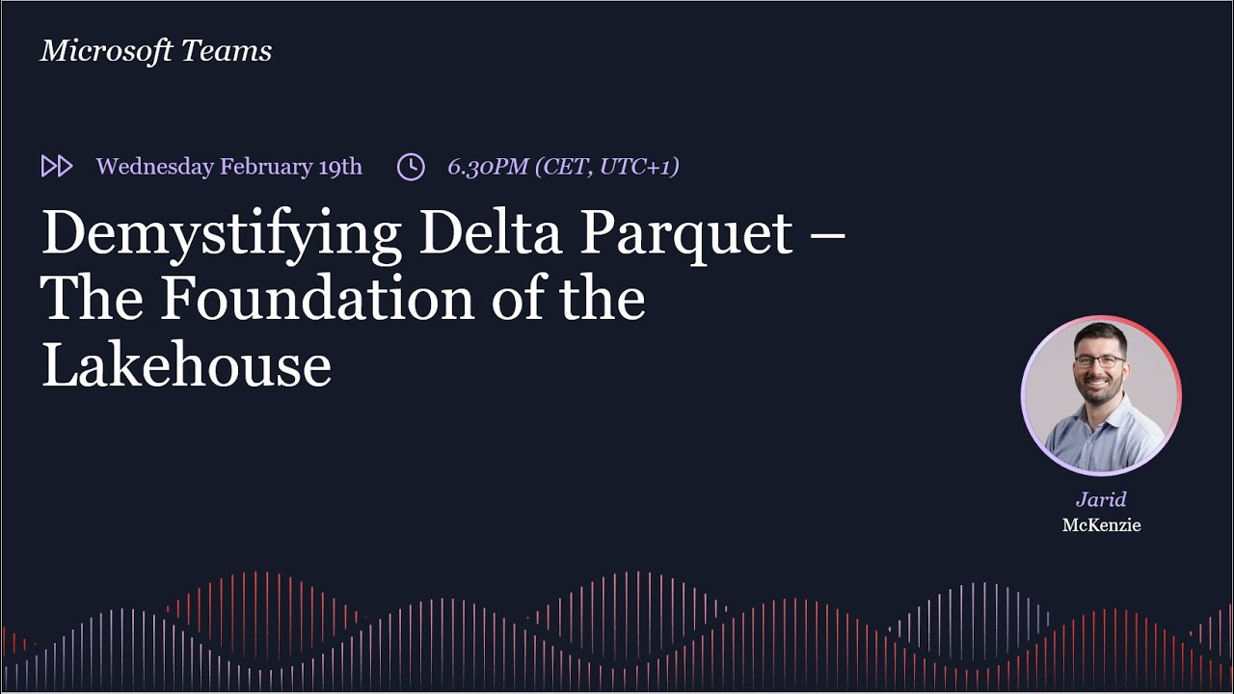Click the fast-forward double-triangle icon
point(57,167)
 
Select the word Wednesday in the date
point(154,167)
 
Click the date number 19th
point(340,167)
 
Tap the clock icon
point(411,167)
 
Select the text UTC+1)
point(639,167)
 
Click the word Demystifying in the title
point(221,234)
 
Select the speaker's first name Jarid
point(1101,499)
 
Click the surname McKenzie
point(1101,525)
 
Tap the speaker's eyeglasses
point(1099,361)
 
